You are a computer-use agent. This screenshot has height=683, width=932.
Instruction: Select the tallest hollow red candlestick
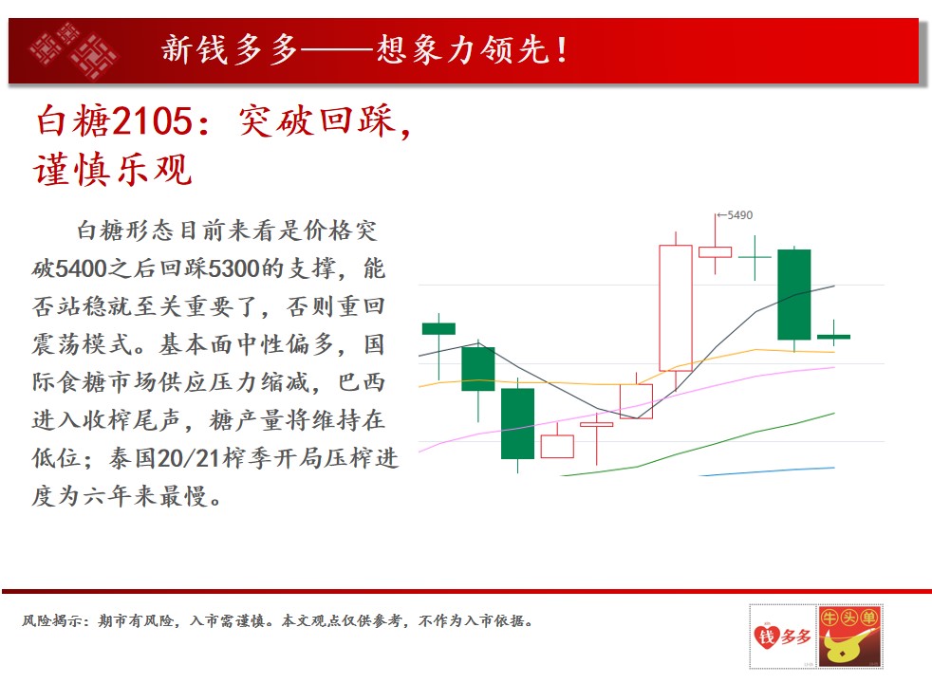(675, 307)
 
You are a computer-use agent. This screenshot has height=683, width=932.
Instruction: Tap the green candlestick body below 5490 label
(794, 295)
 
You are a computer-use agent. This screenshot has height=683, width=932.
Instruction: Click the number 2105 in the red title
(152, 121)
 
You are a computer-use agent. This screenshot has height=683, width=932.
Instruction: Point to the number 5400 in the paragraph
(81, 268)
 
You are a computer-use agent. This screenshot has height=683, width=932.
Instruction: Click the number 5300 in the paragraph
(234, 268)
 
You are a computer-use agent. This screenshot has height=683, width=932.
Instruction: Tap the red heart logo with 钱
(766, 637)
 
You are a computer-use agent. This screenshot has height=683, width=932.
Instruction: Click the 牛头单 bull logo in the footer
(849, 637)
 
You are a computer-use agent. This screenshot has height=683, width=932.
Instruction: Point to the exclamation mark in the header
(561, 50)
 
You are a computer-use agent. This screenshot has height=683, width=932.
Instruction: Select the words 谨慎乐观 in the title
(113, 169)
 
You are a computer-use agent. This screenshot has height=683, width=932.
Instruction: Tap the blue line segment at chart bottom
(767, 471)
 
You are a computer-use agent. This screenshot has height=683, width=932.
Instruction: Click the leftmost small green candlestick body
(438, 328)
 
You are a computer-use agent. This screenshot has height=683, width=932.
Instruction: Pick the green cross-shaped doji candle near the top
(755, 257)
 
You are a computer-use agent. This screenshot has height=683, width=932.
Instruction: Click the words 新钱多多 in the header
(229, 49)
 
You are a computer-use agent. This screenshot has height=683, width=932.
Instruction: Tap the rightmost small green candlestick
(834, 337)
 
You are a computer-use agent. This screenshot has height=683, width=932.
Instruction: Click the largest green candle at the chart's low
(517, 423)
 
